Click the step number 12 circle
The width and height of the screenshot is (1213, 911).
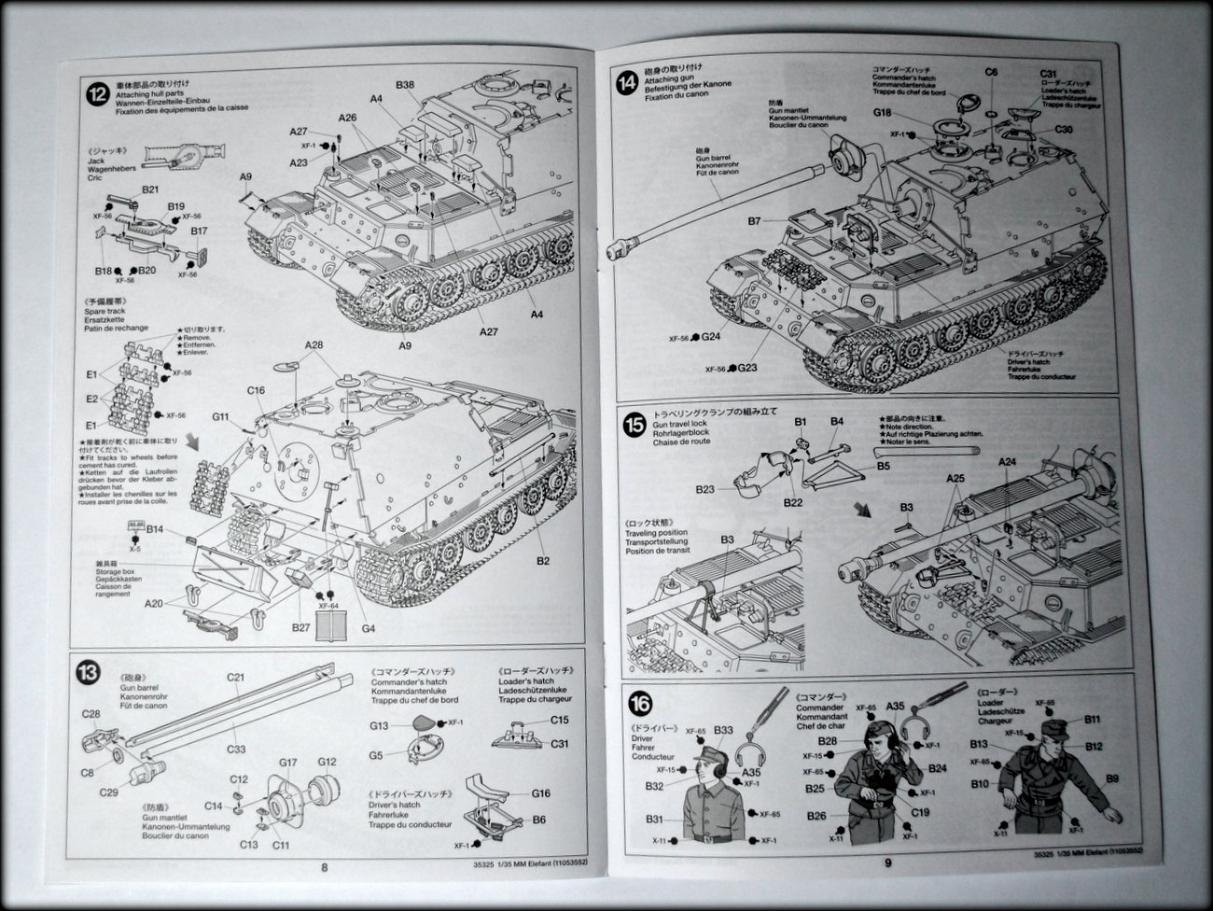[x=95, y=93]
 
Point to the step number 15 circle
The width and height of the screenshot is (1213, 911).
[x=634, y=425]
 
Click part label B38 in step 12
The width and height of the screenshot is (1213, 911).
[x=405, y=85]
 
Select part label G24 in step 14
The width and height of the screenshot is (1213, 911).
[x=712, y=337]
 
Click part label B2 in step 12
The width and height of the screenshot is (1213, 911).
[x=543, y=561]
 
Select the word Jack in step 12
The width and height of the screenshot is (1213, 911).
[x=124, y=160]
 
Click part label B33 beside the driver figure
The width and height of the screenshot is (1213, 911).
[x=723, y=730]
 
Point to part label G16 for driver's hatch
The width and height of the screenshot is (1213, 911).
[x=541, y=793]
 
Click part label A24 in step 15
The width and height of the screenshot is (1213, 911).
[x=1008, y=462]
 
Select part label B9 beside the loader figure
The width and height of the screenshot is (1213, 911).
[x=1111, y=778]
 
